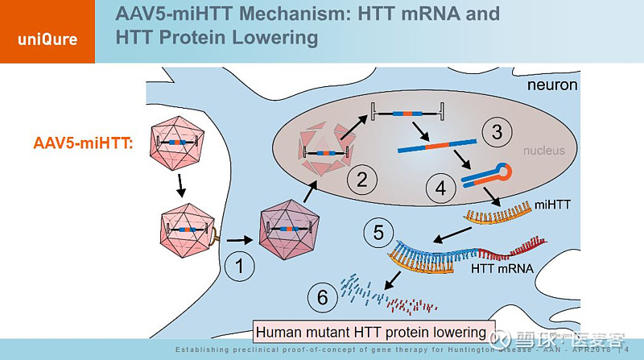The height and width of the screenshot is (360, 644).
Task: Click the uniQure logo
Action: [x=47, y=39]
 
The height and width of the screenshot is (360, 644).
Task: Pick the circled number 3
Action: [x=496, y=131]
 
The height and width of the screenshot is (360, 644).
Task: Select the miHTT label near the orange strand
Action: [x=549, y=206]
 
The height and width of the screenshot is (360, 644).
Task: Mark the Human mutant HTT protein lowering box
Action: [x=371, y=332]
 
